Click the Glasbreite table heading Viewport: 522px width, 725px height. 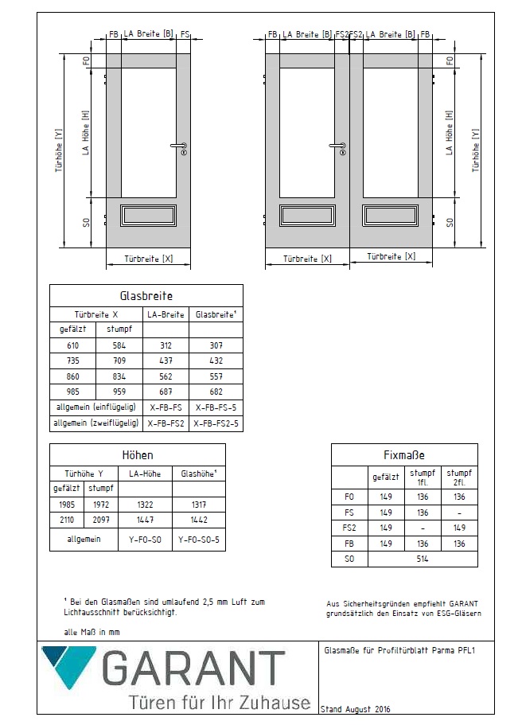tap(146, 295)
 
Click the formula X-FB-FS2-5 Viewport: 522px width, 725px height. tap(216, 424)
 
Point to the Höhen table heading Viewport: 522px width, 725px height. tap(137, 455)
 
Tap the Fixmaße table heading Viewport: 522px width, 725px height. tap(404, 455)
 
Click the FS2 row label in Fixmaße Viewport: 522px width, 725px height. tap(347, 527)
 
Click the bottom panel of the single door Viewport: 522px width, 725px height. tap(147, 216)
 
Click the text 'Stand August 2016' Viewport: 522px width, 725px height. tap(356, 708)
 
